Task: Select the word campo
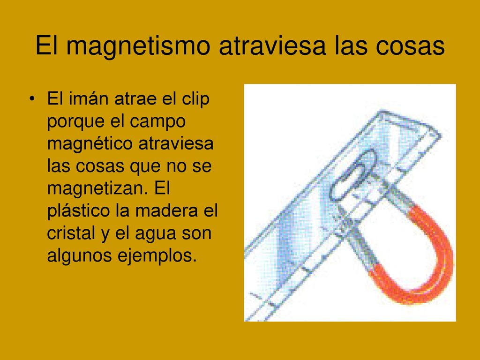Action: coord(158,122)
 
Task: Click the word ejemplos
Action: coord(157,255)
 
